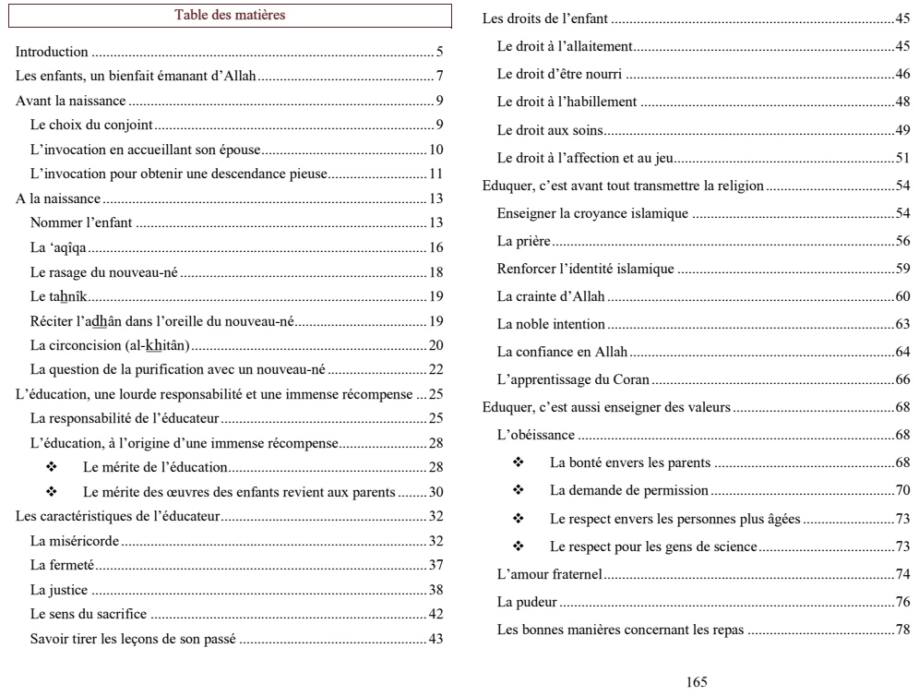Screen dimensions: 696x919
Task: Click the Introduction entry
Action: pos(53,52)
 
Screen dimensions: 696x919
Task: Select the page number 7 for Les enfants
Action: pos(441,76)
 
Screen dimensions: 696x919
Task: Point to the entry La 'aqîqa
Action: pos(59,247)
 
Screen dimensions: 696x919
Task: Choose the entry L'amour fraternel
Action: pos(549,574)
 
